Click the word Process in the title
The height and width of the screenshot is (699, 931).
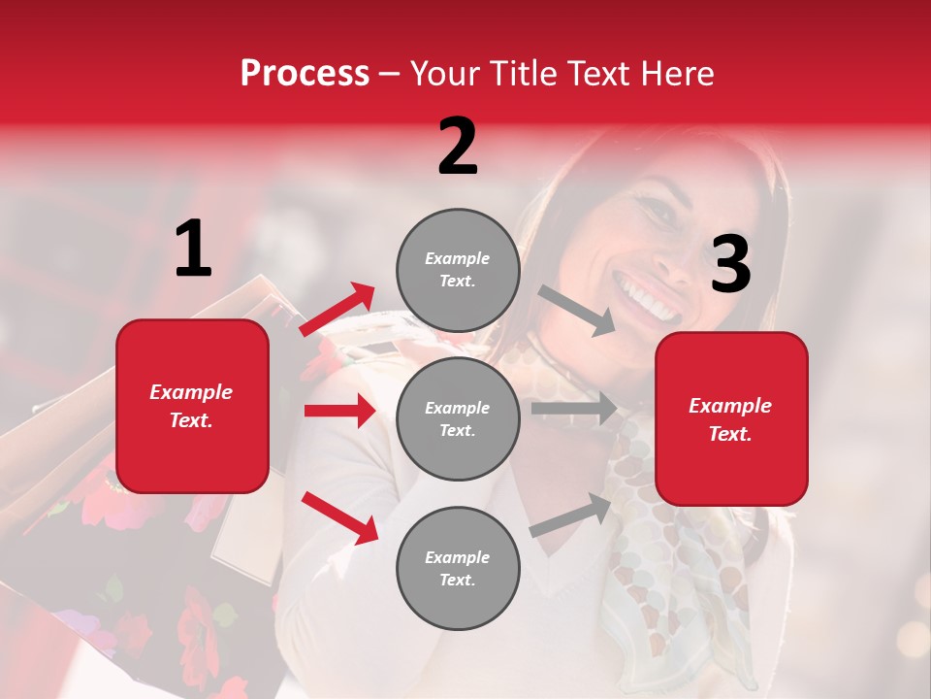pyautogui.click(x=305, y=74)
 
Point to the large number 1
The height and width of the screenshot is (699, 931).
pyautogui.click(x=193, y=250)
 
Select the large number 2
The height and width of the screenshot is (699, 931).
pyautogui.click(x=458, y=147)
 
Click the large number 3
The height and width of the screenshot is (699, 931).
pyautogui.click(x=730, y=264)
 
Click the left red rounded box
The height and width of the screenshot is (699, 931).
pyautogui.click(x=192, y=406)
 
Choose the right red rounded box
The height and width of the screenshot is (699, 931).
pyautogui.click(x=731, y=419)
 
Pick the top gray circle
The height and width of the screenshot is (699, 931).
pyautogui.click(x=458, y=270)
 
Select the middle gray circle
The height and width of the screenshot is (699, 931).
pyautogui.click(x=458, y=418)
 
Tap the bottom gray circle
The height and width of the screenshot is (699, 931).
pyautogui.click(x=458, y=568)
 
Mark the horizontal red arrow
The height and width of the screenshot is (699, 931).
pyautogui.click(x=339, y=411)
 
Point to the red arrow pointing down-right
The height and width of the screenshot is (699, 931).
pyautogui.click(x=339, y=516)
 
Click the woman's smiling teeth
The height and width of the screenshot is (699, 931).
pyautogui.click(x=646, y=299)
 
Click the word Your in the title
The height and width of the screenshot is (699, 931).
pyautogui.click(x=446, y=74)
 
